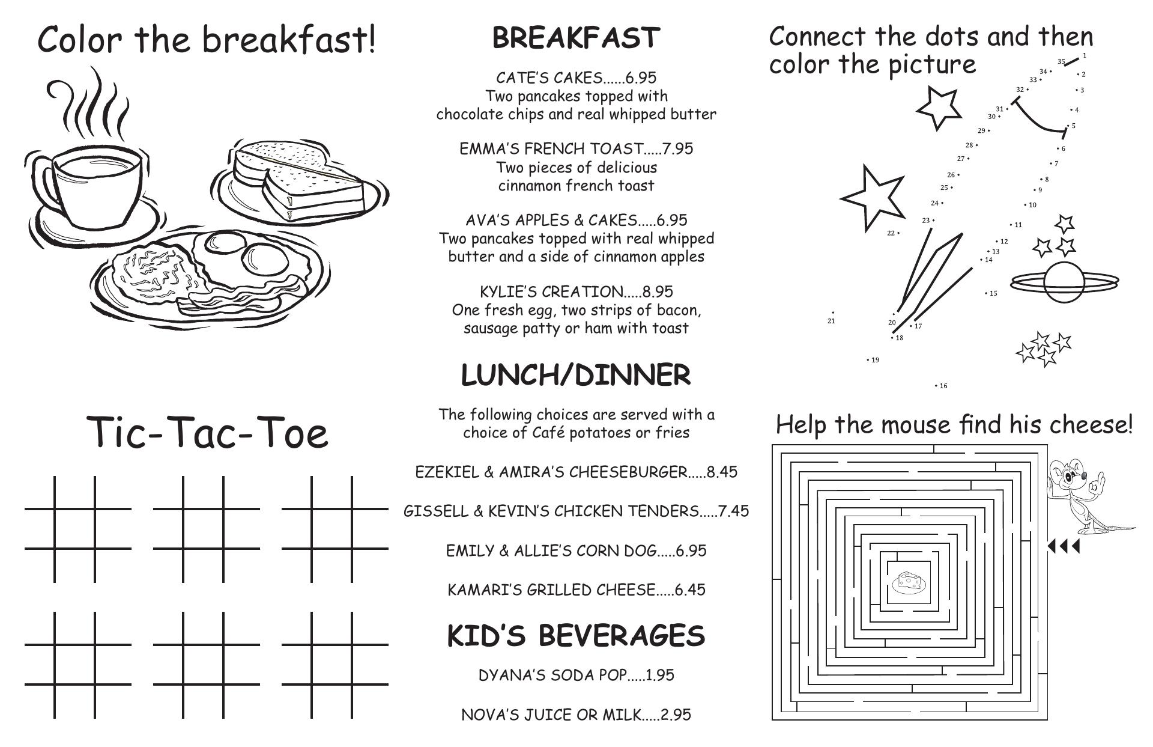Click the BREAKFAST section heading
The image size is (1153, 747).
point(576,38)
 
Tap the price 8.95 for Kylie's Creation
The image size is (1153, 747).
point(658,292)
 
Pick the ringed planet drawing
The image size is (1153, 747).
point(1064,282)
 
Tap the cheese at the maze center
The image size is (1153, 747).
point(909,582)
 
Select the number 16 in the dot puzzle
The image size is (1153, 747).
point(943,386)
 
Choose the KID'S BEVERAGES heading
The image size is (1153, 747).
point(576,636)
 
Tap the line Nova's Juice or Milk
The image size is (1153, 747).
point(576,715)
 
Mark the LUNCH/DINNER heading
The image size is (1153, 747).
point(576,376)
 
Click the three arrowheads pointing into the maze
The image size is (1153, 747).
point(1063,546)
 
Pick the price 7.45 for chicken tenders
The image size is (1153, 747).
point(734,511)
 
